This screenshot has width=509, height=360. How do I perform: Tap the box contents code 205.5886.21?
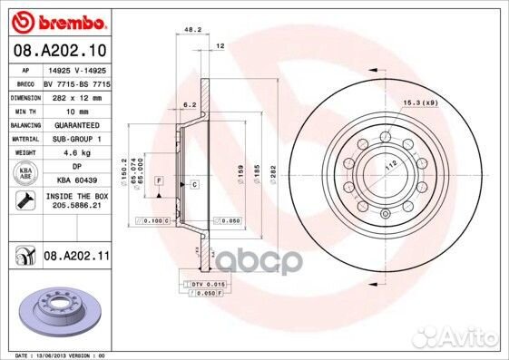77,207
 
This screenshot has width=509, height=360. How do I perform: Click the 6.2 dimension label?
190,104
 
